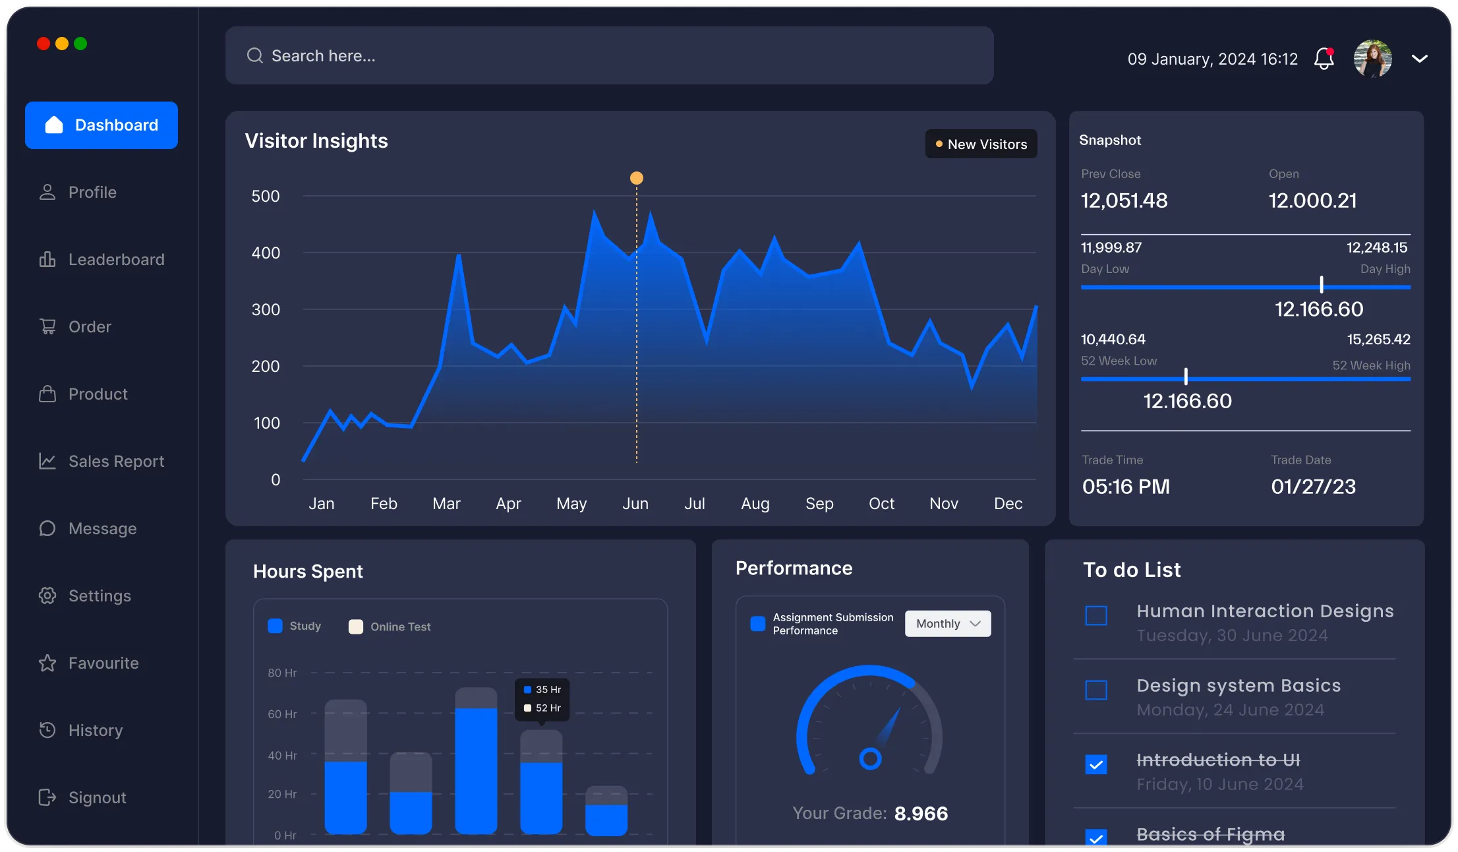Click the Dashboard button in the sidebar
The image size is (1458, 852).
click(102, 125)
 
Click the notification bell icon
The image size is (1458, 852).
click(1324, 59)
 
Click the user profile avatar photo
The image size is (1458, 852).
click(1372, 59)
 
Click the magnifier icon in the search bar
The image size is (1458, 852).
click(255, 56)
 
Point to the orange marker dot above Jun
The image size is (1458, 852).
click(636, 178)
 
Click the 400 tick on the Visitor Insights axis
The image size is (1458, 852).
click(266, 253)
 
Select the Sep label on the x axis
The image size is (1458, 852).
click(819, 504)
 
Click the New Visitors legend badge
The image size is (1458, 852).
click(981, 144)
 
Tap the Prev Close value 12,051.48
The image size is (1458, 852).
click(1124, 200)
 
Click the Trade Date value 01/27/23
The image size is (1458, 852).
click(1313, 487)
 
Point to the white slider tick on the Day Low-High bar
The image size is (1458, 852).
click(1322, 285)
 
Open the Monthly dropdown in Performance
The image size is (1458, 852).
click(948, 624)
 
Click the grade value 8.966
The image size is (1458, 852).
click(921, 814)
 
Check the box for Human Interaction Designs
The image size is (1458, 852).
click(1096, 616)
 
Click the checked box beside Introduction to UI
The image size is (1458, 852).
click(1096, 765)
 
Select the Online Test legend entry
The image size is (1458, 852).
click(390, 627)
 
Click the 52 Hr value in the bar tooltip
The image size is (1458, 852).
click(548, 708)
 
